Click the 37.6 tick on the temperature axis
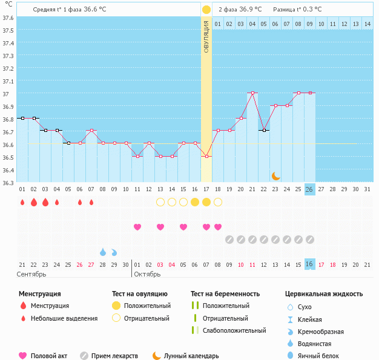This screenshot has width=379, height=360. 8,17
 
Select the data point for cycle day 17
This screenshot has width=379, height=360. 206,156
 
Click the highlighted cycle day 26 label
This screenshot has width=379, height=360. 309,189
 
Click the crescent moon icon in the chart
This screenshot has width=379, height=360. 275,175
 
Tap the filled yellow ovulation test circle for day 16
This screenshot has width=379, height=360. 195,202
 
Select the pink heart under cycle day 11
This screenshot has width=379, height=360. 137,227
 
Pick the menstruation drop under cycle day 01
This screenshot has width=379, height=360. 22,202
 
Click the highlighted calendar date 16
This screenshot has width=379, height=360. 309,264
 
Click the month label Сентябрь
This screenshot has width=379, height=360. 31,274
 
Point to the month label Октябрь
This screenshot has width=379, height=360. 147,274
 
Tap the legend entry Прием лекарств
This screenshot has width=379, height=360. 114,356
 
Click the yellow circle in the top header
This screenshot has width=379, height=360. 206,10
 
